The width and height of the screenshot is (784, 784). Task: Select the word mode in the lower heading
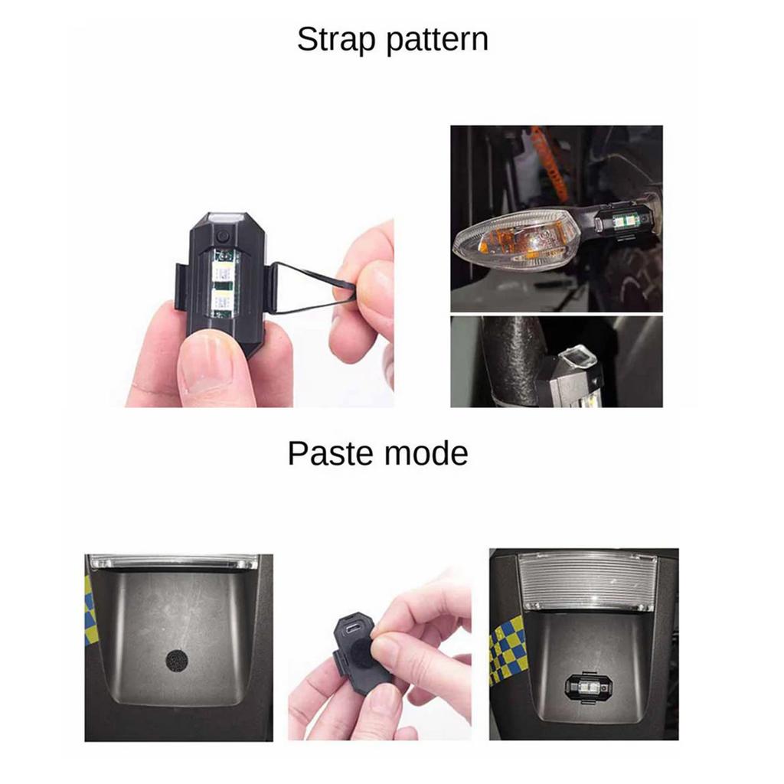pyautogui.click(x=426, y=453)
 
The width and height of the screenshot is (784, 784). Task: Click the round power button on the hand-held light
pyautogui.click(x=223, y=236)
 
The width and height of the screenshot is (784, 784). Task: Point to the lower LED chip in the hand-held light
pyautogui.click(x=221, y=302)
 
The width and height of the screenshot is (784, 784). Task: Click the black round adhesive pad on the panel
pyautogui.click(x=178, y=661)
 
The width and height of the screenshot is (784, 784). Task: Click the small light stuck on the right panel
pyautogui.click(x=589, y=688)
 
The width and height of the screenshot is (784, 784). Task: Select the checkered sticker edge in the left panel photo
pyautogui.click(x=89, y=610)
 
